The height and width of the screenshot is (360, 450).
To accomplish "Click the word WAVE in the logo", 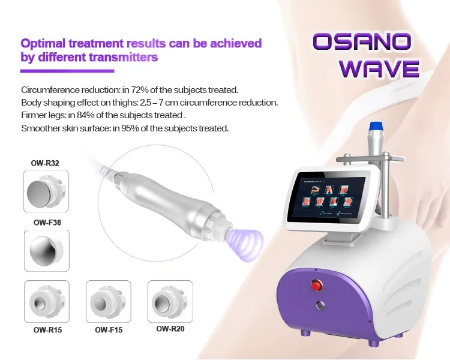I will click(379, 68).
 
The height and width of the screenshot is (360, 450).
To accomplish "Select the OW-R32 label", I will click(45, 163).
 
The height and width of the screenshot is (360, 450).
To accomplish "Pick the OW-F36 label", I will click(45, 222).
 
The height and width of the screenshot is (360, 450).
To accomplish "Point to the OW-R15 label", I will click(46, 329).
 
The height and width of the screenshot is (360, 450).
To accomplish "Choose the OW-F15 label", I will click(109, 329).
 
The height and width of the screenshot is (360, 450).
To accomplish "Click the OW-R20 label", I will click(171, 329).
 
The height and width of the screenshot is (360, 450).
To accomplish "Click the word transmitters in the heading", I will click(124, 58).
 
